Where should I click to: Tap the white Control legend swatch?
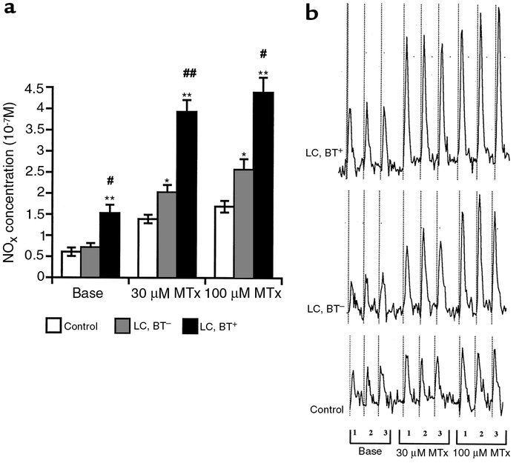53,324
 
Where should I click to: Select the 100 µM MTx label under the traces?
482,451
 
